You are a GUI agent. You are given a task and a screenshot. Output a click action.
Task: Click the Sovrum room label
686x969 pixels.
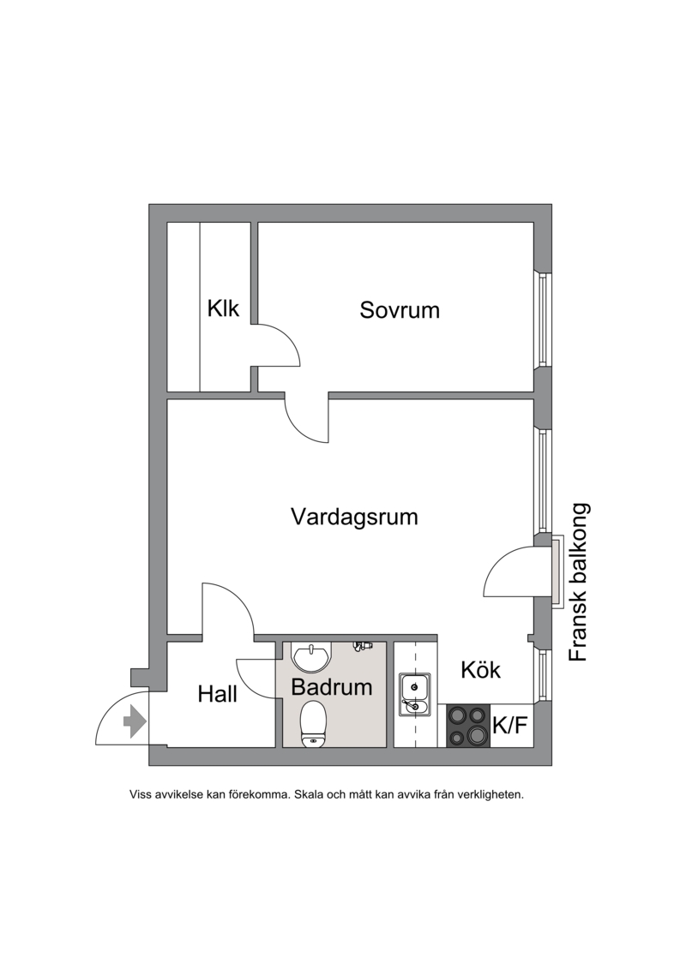(400, 309)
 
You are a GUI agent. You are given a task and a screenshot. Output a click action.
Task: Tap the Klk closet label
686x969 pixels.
(223, 308)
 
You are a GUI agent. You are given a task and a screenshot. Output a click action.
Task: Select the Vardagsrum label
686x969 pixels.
(354, 517)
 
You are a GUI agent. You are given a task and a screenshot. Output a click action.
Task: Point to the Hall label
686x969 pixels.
(217, 694)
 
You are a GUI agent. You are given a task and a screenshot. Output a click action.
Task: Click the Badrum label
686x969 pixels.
(332, 686)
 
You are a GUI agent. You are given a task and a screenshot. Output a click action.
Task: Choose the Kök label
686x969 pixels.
(481, 670)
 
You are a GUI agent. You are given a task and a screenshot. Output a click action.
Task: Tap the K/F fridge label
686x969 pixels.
(509, 726)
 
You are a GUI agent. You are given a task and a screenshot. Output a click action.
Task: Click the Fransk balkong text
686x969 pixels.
(579, 583)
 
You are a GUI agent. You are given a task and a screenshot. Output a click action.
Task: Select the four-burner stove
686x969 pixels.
(468, 726)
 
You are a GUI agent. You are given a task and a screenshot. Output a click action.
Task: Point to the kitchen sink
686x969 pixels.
(413, 695)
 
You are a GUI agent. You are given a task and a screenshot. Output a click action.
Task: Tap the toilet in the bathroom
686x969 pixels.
(313, 724)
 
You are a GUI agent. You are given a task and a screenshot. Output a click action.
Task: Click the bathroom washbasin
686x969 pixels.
(312, 657)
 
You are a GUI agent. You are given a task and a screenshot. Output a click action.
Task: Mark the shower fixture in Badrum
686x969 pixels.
(363, 645)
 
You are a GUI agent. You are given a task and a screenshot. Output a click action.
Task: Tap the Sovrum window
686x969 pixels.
(543, 319)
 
